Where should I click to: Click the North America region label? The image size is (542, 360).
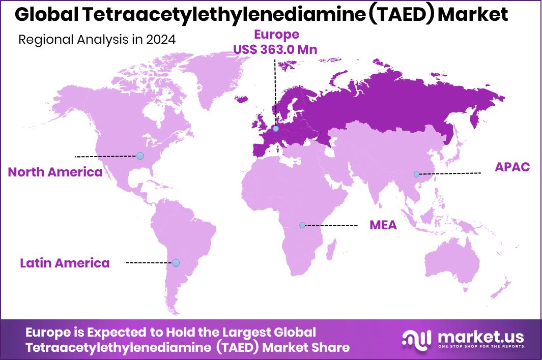(55, 172)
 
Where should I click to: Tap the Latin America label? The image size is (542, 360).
(65, 263)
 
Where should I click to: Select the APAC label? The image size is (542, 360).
(512, 167)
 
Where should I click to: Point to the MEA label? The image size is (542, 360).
(383, 225)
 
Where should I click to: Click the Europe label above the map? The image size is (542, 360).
(276, 35)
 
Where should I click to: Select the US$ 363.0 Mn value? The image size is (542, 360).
(275, 49)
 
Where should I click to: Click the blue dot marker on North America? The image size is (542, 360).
(140, 156)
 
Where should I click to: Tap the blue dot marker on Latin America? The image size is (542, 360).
(176, 262)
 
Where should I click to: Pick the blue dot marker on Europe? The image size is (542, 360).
(275, 129)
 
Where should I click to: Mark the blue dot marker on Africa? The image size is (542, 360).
(302, 225)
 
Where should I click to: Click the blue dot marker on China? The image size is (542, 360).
(416, 174)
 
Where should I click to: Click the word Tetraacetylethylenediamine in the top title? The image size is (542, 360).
(222, 15)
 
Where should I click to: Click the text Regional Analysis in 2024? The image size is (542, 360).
(97, 40)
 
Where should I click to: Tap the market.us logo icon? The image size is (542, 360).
(416, 339)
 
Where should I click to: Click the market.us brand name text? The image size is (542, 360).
(479, 336)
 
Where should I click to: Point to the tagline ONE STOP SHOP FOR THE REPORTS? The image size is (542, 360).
(479, 348)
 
